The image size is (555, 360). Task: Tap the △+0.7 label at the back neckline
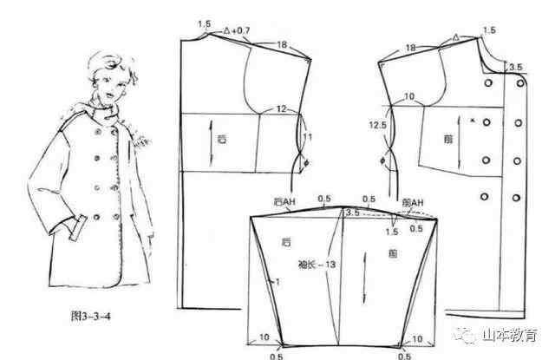236,30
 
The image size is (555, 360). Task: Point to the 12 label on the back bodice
282,108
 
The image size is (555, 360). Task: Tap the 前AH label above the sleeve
412,202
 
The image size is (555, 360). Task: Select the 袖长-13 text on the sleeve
319,261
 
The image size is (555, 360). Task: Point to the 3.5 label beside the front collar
515,67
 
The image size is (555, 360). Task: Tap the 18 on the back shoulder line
281,44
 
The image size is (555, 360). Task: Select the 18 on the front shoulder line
410,46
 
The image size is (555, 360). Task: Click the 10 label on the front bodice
408,95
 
